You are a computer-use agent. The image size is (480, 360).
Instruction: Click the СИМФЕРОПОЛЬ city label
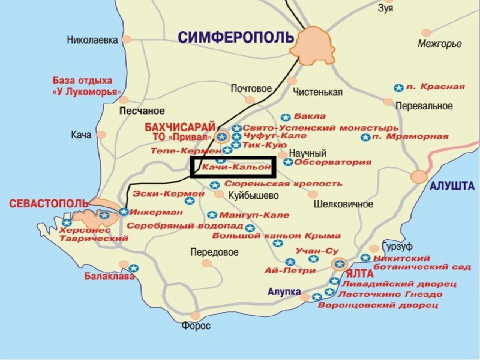[235, 37]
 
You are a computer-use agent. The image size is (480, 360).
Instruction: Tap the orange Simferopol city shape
[314, 46]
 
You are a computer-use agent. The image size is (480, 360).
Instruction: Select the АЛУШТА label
[452, 186]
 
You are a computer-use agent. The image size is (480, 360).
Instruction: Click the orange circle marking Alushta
[419, 176]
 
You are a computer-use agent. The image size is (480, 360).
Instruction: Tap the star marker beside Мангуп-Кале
[212, 215]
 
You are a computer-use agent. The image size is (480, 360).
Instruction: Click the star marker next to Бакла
[285, 117]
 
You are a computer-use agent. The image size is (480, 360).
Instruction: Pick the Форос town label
[196, 326]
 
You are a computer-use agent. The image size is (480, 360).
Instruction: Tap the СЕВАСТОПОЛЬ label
[49, 203]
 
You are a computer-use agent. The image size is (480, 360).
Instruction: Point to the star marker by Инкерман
[123, 211]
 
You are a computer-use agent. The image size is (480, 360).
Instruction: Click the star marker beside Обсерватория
[287, 162]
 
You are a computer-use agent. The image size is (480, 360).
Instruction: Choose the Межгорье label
[439, 44]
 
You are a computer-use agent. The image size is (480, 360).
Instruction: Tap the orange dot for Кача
[101, 134]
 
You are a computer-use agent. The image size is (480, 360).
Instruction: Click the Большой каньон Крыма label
[276, 235]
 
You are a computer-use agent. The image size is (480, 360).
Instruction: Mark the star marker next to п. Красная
[398, 87]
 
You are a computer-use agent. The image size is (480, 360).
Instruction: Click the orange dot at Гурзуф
[374, 248]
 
